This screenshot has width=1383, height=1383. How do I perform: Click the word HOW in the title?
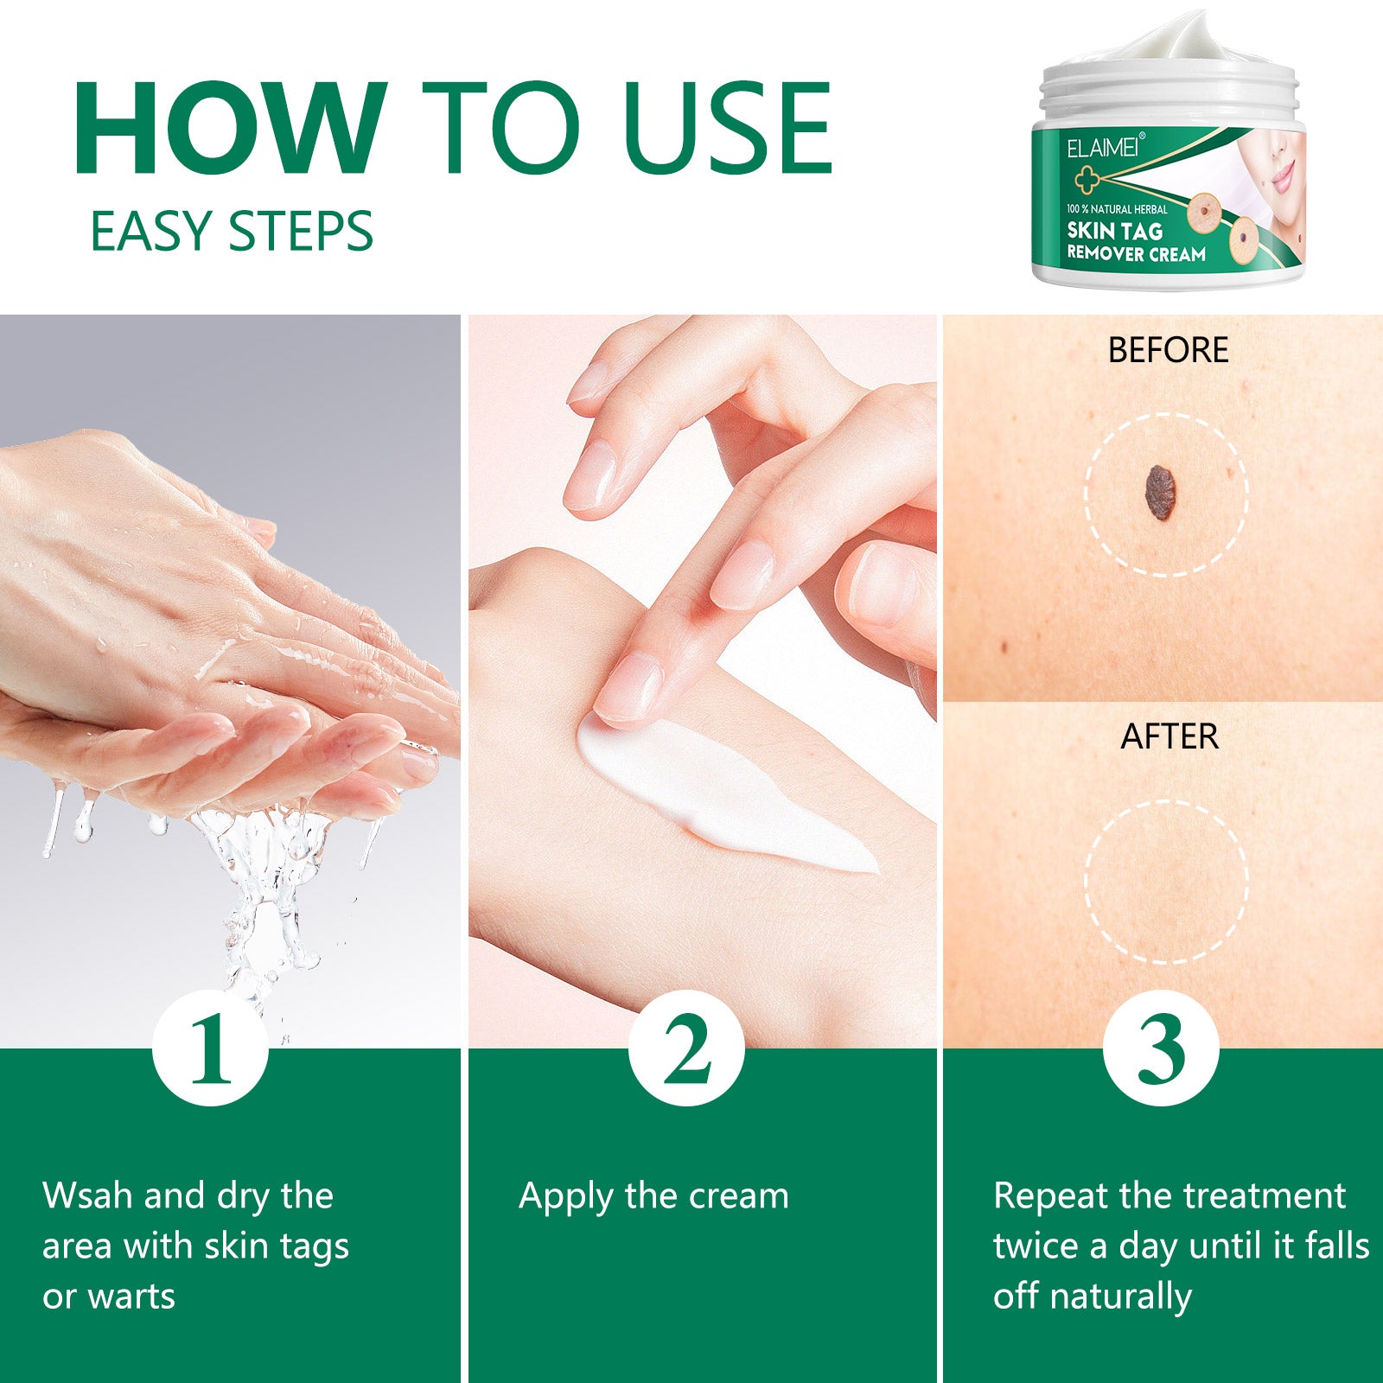coord(230,128)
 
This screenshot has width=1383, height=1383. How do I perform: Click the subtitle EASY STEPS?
coord(232,232)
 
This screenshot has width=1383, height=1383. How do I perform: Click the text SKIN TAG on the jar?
coord(1114,231)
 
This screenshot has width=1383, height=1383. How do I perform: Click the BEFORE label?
coord(1168,350)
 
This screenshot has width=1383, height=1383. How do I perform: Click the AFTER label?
coord(1169,736)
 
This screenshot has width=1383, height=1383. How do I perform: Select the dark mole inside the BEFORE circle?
coord(1159,493)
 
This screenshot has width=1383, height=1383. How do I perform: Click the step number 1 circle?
coord(211,1048)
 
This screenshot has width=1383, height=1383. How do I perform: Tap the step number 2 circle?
coord(686,1048)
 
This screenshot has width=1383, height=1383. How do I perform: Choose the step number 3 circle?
coord(1161,1048)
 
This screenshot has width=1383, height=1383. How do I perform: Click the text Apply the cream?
coord(653,1196)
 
